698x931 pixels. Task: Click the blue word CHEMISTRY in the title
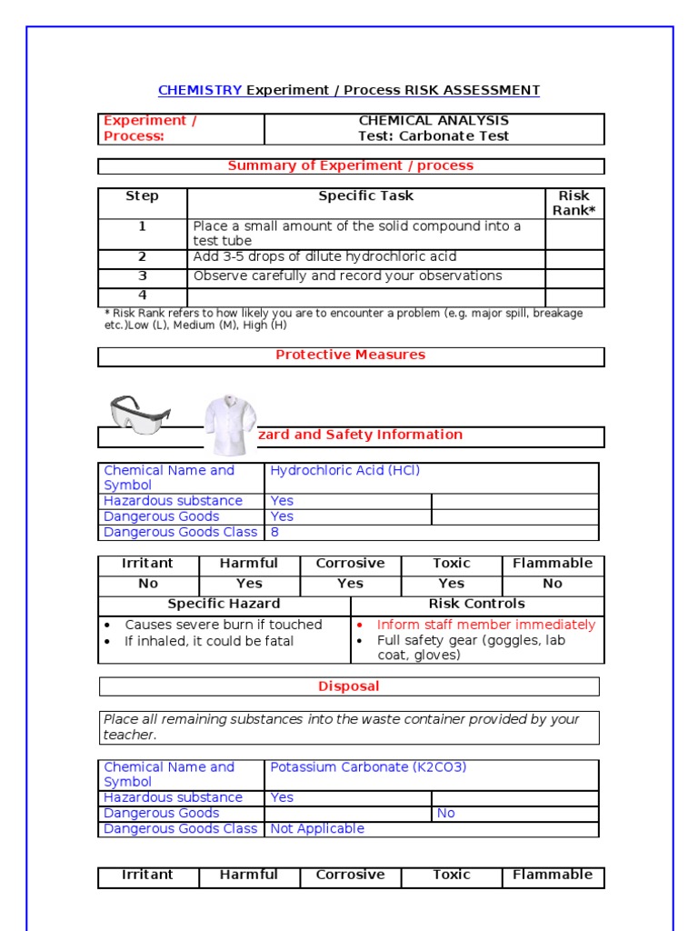(x=200, y=90)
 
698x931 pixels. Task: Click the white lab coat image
(x=229, y=425)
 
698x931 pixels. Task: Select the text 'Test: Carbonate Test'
(x=434, y=136)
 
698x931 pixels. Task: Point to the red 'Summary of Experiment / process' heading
(x=350, y=165)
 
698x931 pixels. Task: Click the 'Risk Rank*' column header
(x=573, y=203)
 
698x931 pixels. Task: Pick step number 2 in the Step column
(x=142, y=257)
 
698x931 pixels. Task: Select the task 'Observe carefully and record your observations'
(x=347, y=275)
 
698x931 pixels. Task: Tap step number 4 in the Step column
(x=142, y=295)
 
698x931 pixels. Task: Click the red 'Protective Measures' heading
(x=350, y=355)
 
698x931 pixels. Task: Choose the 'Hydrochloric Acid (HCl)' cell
(x=345, y=471)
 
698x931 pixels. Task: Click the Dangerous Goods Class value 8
(x=275, y=532)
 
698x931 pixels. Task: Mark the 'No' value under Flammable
(x=553, y=584)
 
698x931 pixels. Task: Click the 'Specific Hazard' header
(x=224, y=604)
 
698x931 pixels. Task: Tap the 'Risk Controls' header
(x=476, y=604)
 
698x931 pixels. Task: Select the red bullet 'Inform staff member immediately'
(x=486, y=625)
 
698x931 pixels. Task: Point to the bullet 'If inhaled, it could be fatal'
(x=209, y=641)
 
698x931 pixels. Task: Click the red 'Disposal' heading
(x=349, y=686)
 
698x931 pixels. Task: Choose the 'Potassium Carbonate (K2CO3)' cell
(x=368, y=767)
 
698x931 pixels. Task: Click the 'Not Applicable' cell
(x=317, y=828)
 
